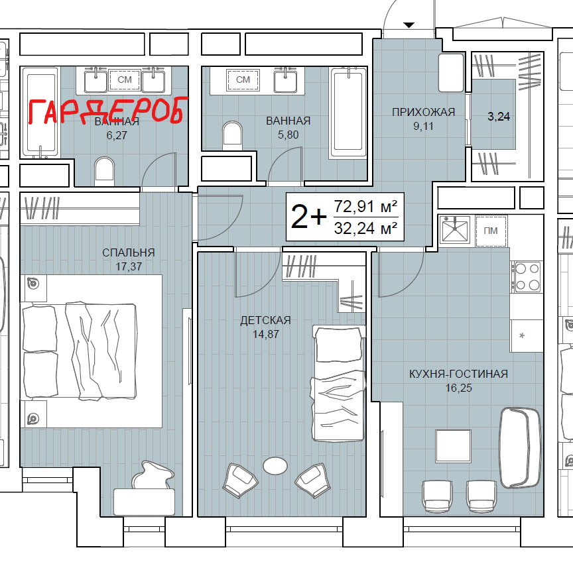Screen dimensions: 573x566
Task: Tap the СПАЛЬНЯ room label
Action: click(x=129, y=253)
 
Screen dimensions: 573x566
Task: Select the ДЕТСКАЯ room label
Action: click(x=266, y=320)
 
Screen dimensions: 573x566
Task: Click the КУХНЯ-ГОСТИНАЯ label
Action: click(x=459, y=374)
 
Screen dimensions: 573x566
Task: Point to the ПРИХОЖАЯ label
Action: click(x=424, y=112)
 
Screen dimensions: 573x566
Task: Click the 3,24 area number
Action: click(x=499, y=117)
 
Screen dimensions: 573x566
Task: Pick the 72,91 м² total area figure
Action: click(x=366, y=207)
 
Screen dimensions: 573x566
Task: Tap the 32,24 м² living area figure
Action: click(x=366, y=229)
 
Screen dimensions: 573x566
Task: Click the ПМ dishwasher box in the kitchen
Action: click(x=491, y=231)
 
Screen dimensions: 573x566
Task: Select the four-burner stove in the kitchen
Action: click(x=527, y=276)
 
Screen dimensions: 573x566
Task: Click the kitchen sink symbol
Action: click(x=454, y=230)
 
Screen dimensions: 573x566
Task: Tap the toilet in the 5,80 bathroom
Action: click(x=232, y=134)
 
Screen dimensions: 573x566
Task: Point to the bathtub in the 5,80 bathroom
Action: click(x=348, y=113)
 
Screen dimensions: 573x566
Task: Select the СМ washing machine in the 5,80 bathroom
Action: click(x=243, y=80)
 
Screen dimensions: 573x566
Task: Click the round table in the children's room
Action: click(x=275, y=466)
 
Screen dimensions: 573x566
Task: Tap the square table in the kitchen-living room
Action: click(x=453, y=445)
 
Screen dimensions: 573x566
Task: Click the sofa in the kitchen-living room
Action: click(x=519, y=447)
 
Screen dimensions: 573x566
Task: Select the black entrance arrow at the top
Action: click(x=409, y=25)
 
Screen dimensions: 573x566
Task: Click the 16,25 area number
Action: click(x=459, y=388)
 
